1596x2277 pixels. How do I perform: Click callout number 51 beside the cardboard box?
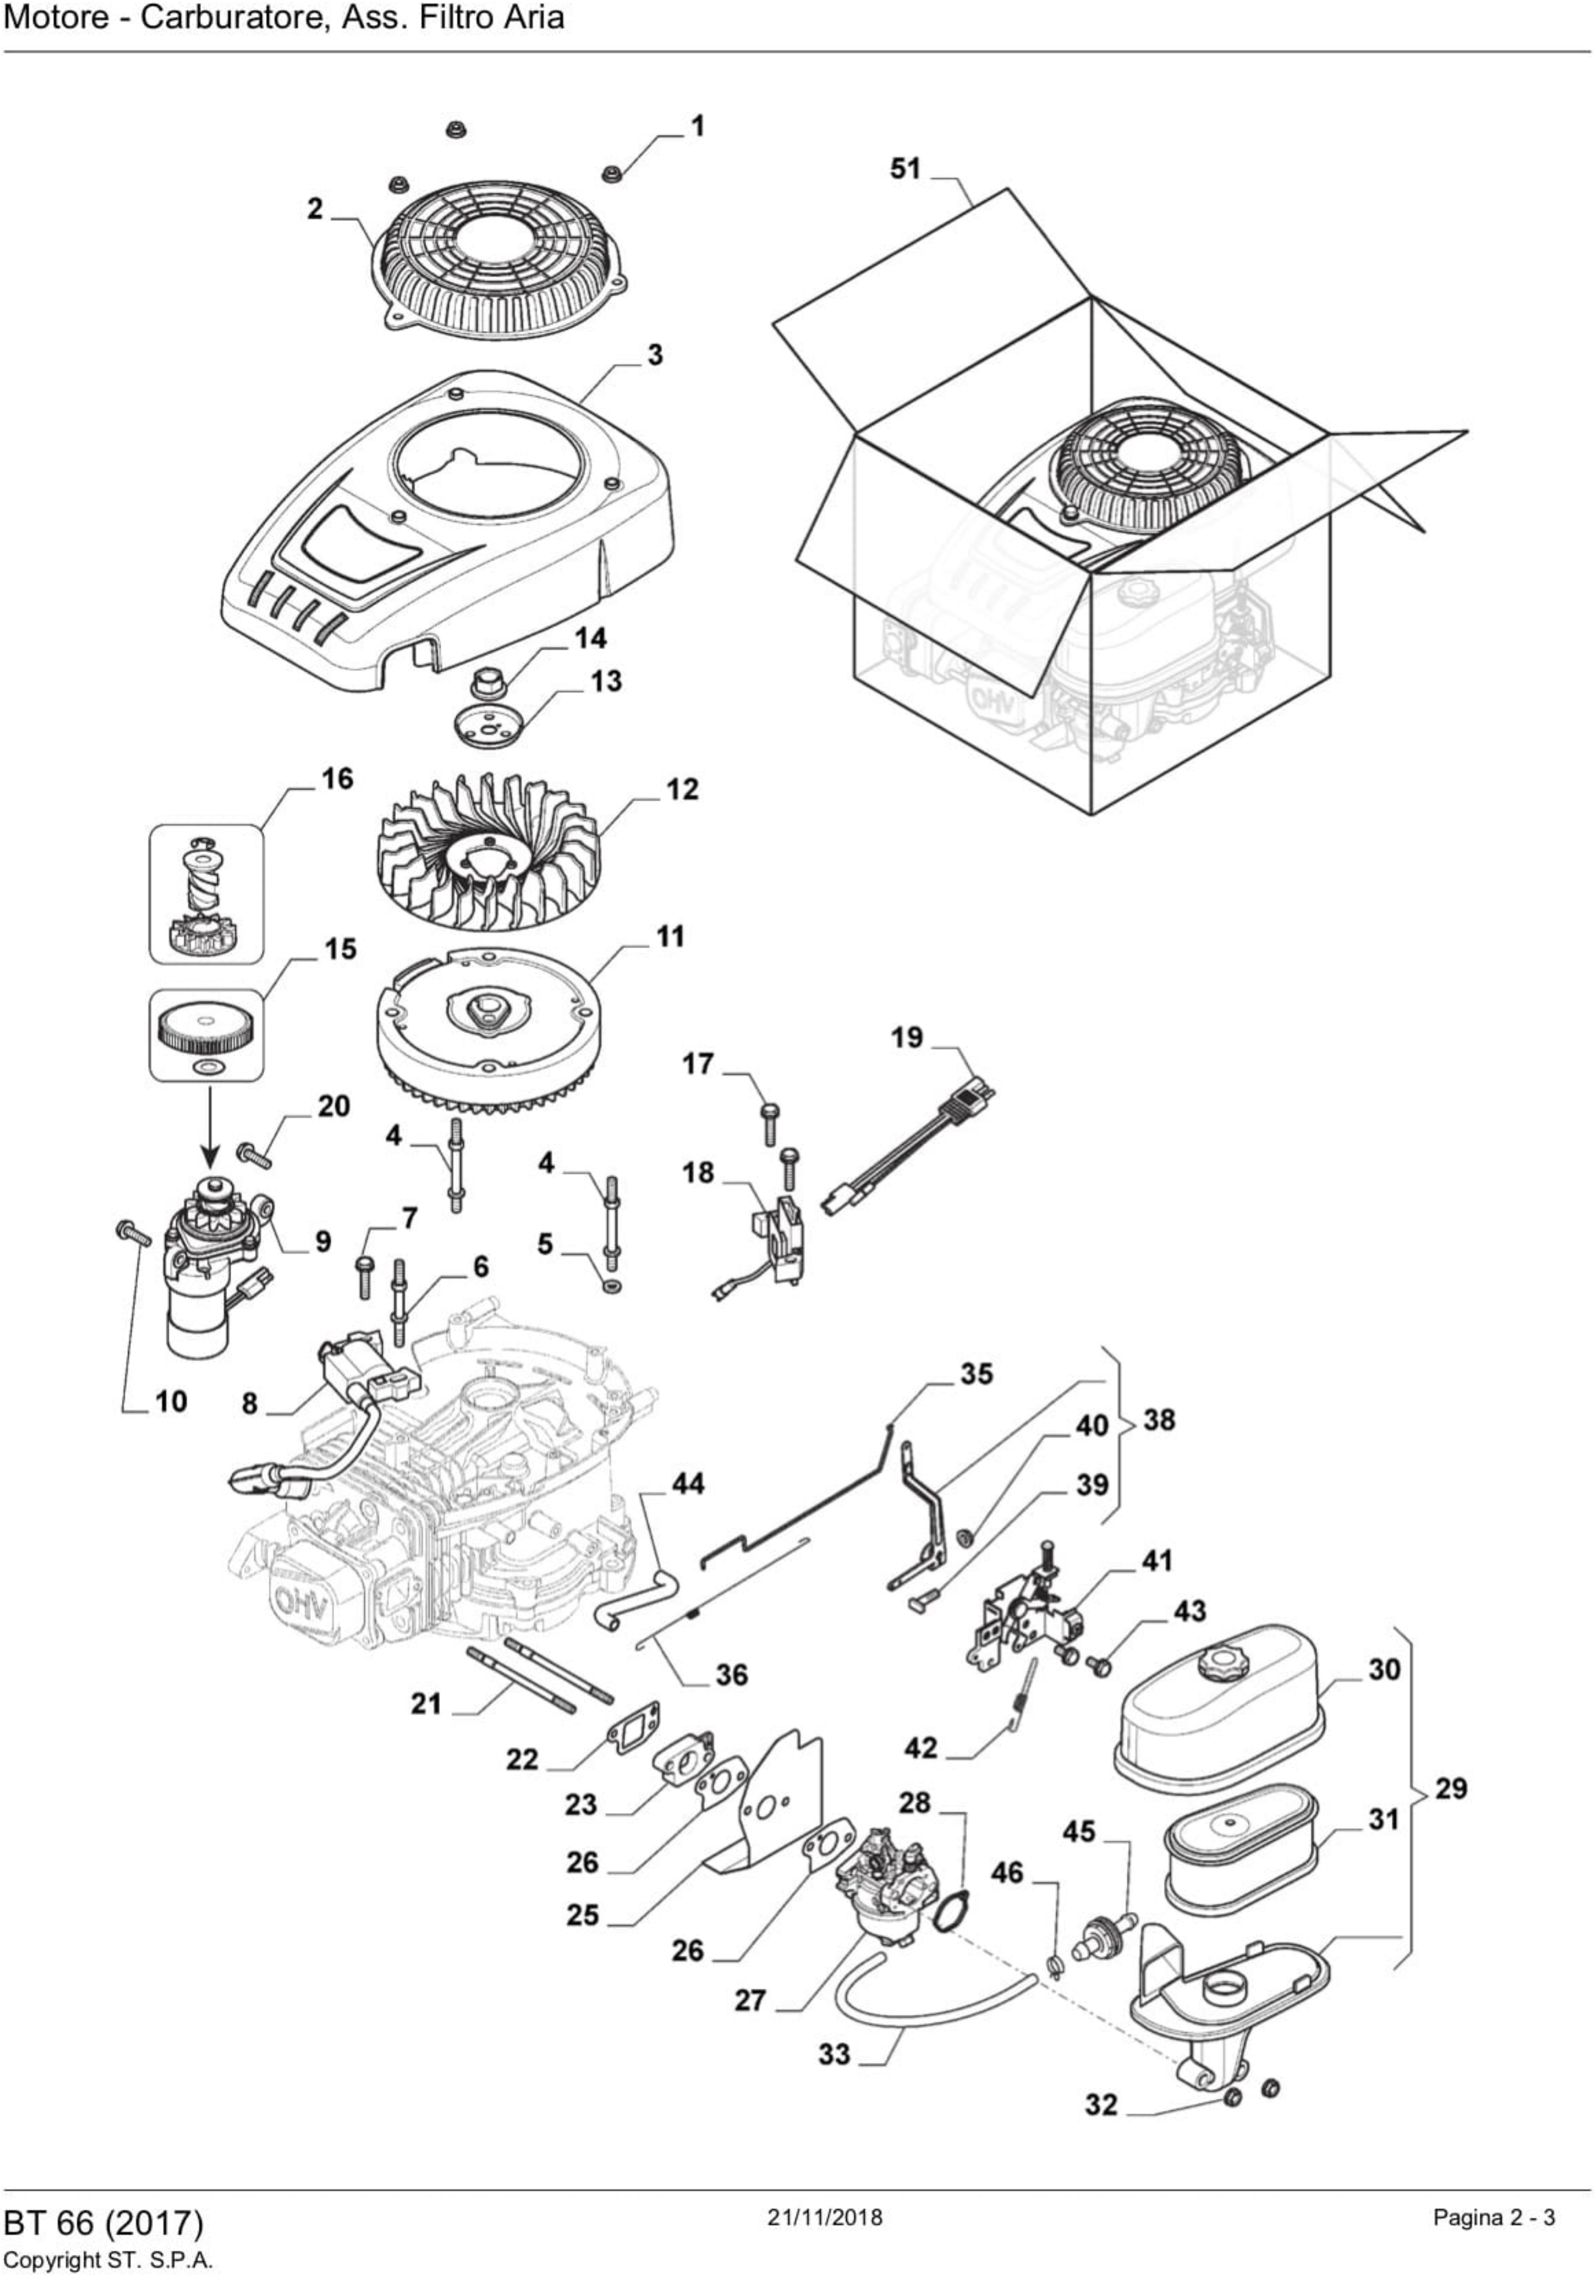[x=905, y=170]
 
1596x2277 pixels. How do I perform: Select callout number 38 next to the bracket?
[x=1159, y=1419]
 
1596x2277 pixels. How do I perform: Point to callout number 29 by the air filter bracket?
[x=1451, y=1788]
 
